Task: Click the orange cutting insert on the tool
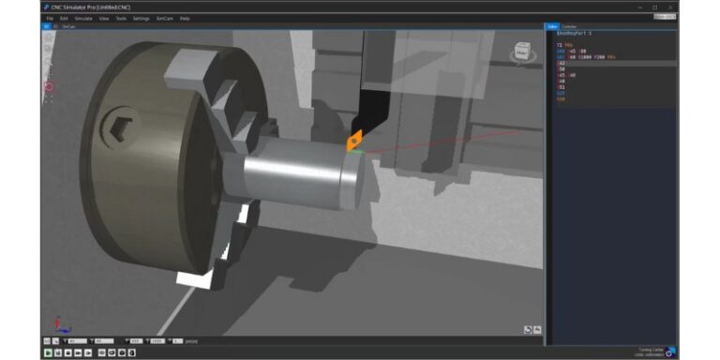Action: (x=354, y=141)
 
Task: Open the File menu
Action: (x=50, y=18)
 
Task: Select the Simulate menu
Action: (x=83, y=18)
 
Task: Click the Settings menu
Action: (x=141, y=18)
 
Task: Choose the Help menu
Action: (x=185, y=18)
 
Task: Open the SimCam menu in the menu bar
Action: (x=164, y=18)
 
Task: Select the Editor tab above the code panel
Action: (x=552, y=26)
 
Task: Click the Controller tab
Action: (x=568, y=26)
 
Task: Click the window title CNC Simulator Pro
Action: (x=87, y=7)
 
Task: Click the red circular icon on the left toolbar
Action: (x=49, y=87)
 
